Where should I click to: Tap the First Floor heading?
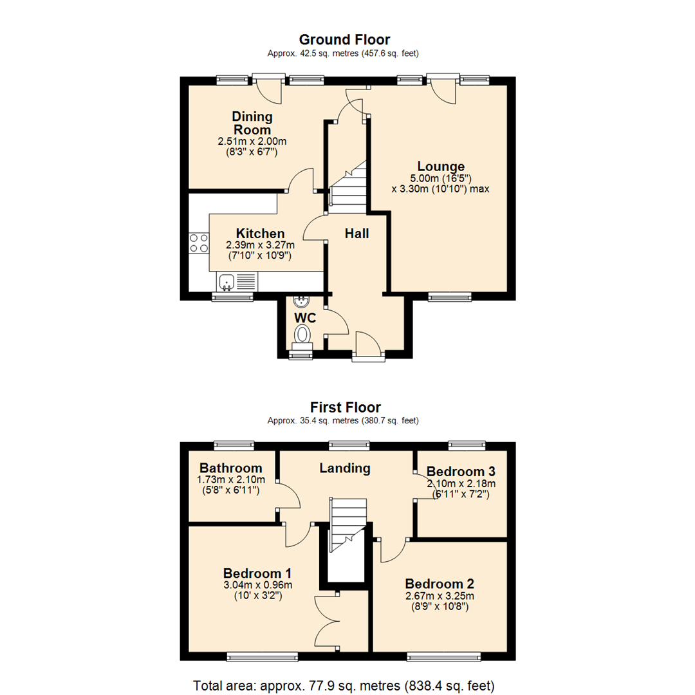(345, 407)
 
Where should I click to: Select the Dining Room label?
(252, 123)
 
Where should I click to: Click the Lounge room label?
(440, 166)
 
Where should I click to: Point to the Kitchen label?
(260, 233)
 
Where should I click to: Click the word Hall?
(357, 234)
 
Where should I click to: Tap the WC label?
(306, 318)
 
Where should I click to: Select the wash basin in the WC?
(301, 301)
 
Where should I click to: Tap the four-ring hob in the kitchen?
(199, 243)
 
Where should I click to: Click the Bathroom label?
(230, 468)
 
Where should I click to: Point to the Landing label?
(345, 468)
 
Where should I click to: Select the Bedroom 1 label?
(257, 573)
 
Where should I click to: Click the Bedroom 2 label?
(440, 584)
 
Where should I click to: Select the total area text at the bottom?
(344, 683)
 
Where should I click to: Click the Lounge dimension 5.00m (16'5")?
(440, 178)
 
